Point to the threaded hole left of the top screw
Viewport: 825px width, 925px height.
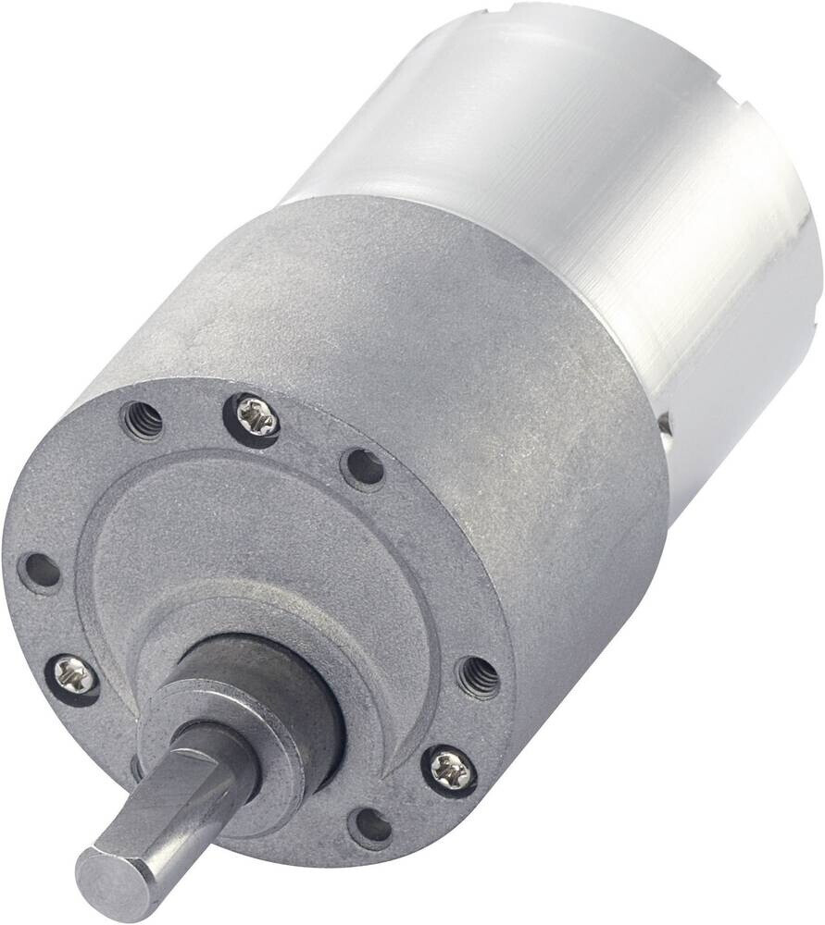pos(144,422)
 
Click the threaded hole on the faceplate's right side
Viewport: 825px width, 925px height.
pos(478,677)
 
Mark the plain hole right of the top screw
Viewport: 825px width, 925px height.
pos(363,468)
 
